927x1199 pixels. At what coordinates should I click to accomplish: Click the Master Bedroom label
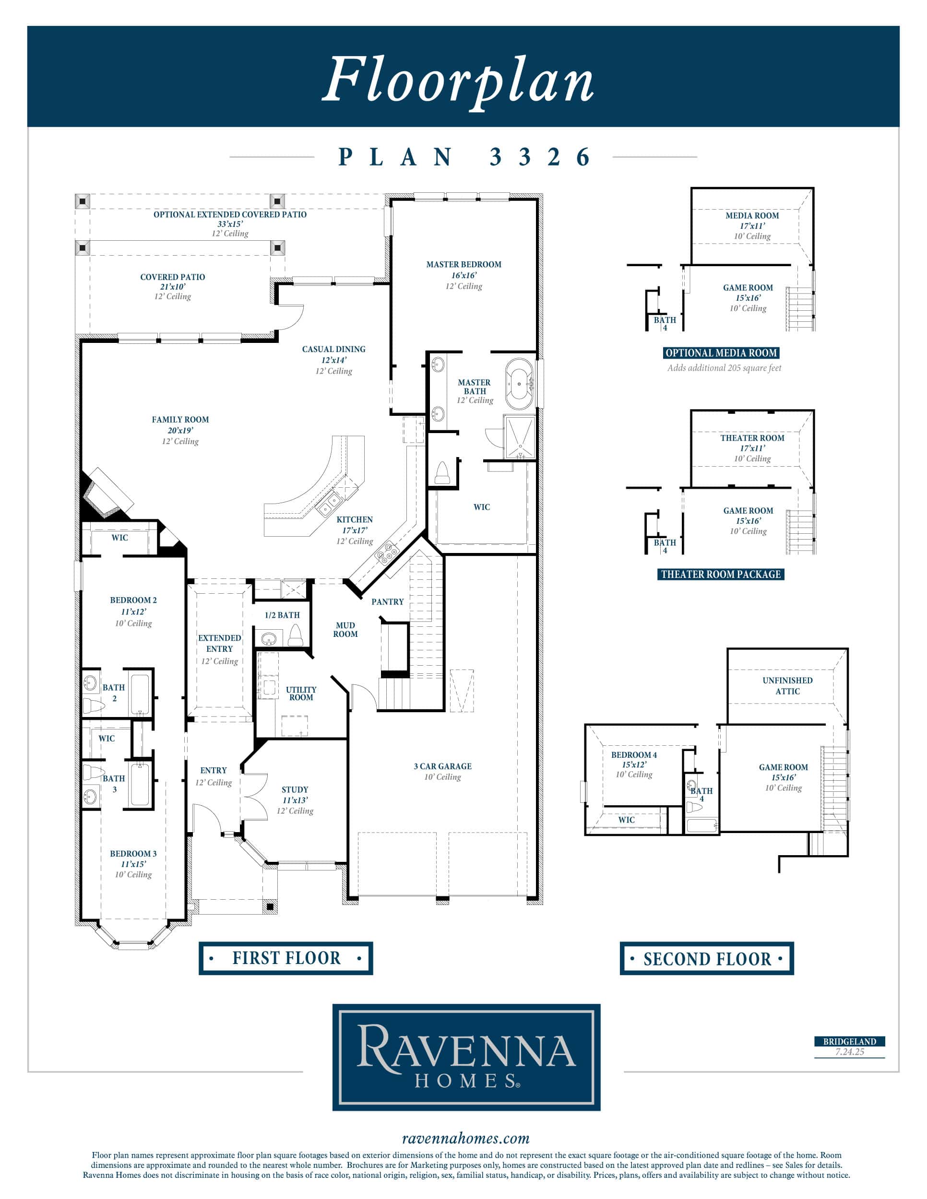click(464, 265)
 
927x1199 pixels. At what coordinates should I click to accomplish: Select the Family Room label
click(180, 420)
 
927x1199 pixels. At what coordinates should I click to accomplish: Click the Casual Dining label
click(333, 349)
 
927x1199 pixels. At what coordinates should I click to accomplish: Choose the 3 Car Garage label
click(443, 766)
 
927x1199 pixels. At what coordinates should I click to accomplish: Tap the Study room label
click(295, 789)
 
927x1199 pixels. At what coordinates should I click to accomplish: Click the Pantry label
click(388, 602)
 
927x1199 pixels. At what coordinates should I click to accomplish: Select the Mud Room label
click(345, 630)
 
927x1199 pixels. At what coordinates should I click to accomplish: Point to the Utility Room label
click(301, 694)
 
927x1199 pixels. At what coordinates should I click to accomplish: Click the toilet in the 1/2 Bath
click(296, 635)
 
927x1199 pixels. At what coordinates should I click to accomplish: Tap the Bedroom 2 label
click(133, 600)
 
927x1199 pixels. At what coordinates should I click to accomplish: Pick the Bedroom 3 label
click(133, 854)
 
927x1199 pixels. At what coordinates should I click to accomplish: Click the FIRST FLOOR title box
click(285, 958)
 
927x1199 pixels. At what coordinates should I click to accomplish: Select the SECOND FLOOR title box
click(707, 959)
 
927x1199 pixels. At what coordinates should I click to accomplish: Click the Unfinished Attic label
click(787, 686)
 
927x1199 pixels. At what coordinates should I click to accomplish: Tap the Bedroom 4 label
click(634, 755)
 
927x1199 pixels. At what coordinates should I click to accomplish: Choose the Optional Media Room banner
click(721, 353)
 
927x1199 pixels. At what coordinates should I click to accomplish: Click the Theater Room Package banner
click(721, 574)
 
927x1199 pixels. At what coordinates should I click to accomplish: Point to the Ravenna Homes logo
click(466, 1058)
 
